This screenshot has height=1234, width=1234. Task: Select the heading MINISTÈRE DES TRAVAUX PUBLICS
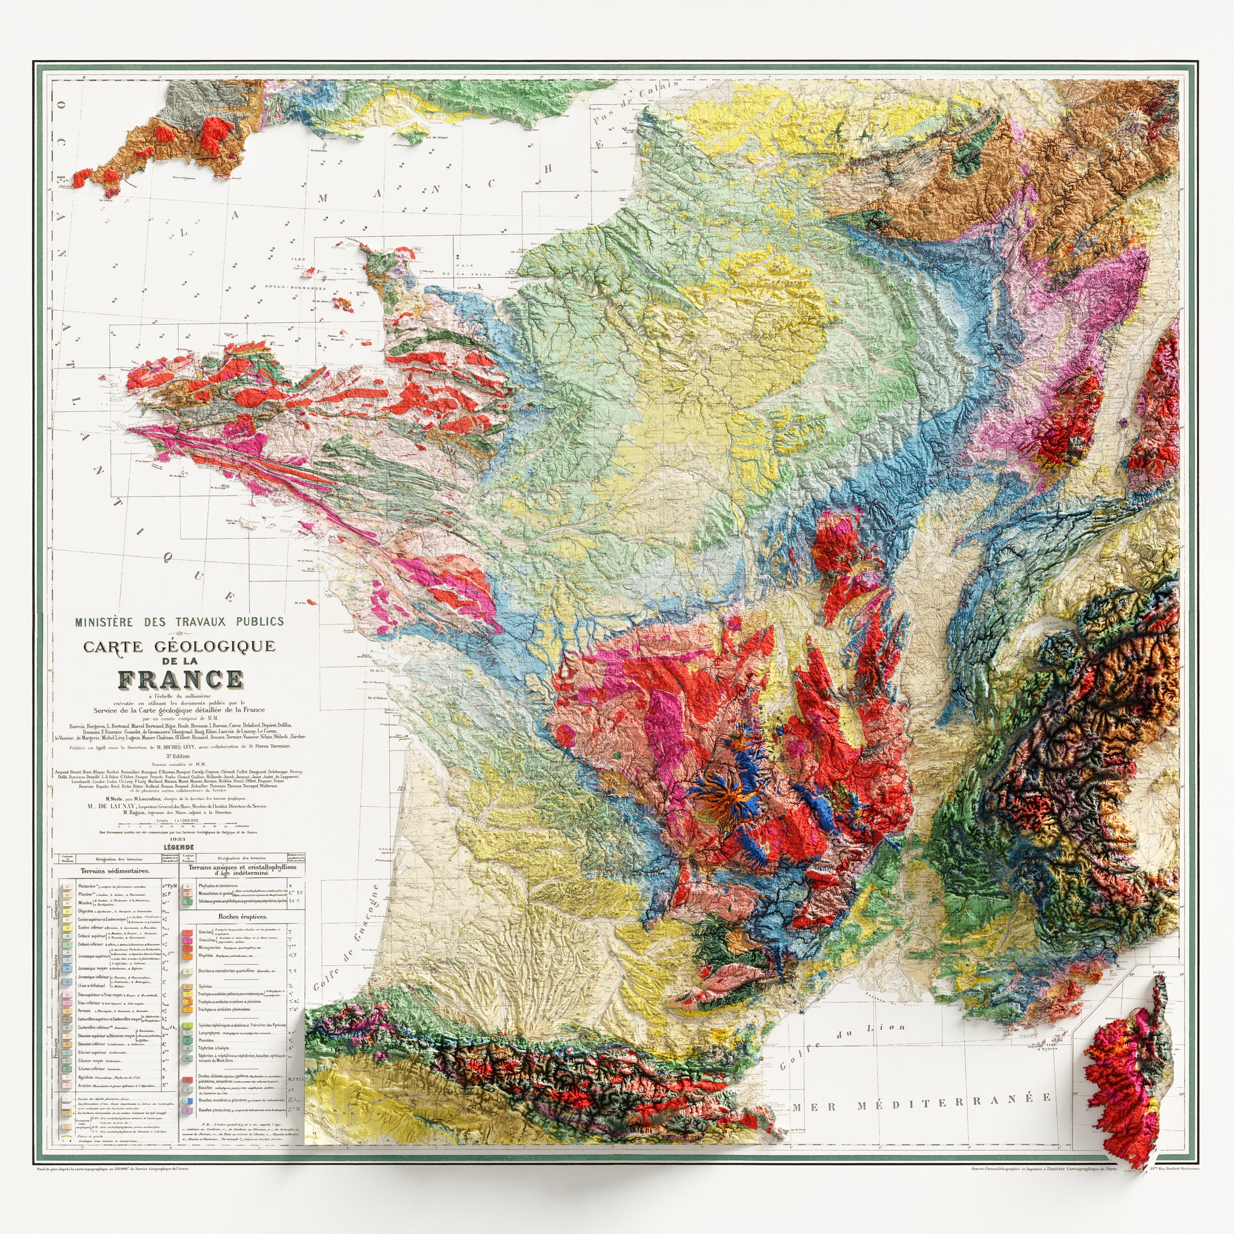click(x=180, y=621)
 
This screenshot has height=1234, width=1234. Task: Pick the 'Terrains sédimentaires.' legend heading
click(x=116, y=871)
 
